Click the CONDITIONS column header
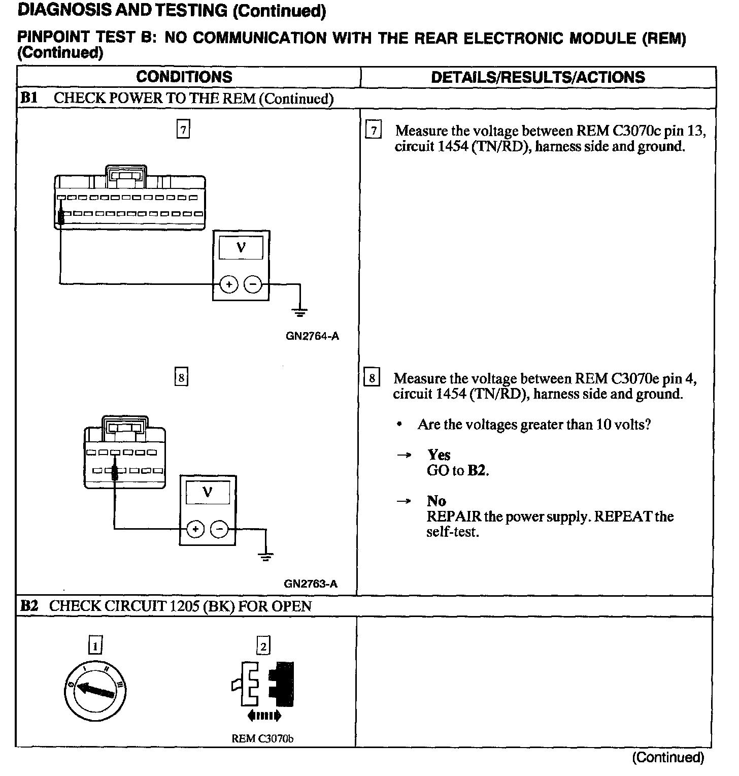[184, 77]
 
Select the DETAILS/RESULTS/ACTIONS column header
[538, 77]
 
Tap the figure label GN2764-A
[312, 336]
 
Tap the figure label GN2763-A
[311, 584]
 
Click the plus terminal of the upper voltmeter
[229, 284]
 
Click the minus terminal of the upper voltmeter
[253, 284]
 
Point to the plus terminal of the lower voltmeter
[195, 530]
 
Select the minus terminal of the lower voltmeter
[219, 530]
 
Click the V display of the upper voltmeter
[241, 248]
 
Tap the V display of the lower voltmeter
[208, 492]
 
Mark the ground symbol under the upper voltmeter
[300, 312]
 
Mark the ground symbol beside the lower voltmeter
[265, 556]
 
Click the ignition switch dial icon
[95, 690]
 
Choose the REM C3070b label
[262, 738]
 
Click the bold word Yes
[439, 455]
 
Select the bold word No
[436, 501]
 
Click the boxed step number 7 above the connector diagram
[183, 130]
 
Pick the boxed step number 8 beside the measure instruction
[372, 378]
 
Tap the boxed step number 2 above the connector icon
[263, 646]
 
